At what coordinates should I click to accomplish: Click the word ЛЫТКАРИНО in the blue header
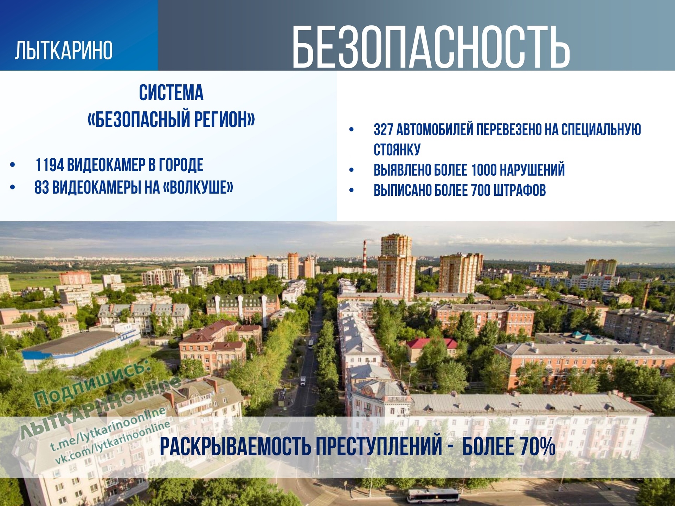tap(64, 50)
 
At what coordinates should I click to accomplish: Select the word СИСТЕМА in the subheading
tap(171, 92)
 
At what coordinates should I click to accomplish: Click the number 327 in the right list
tap(383, 129)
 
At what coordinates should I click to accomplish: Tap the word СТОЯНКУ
tap(397, 149)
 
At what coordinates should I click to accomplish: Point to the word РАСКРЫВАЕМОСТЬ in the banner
tap(235, 447)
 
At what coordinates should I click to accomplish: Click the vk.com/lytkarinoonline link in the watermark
tap(113, 442)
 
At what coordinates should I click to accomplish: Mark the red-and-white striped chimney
tap(365, 257)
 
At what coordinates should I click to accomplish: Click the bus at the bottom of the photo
tap(433, 495)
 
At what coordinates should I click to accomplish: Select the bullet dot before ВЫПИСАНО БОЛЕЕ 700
tap(351, 190)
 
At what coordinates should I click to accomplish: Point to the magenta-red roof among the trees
tap(432, 343)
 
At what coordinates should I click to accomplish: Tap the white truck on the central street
tap(303, 381)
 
